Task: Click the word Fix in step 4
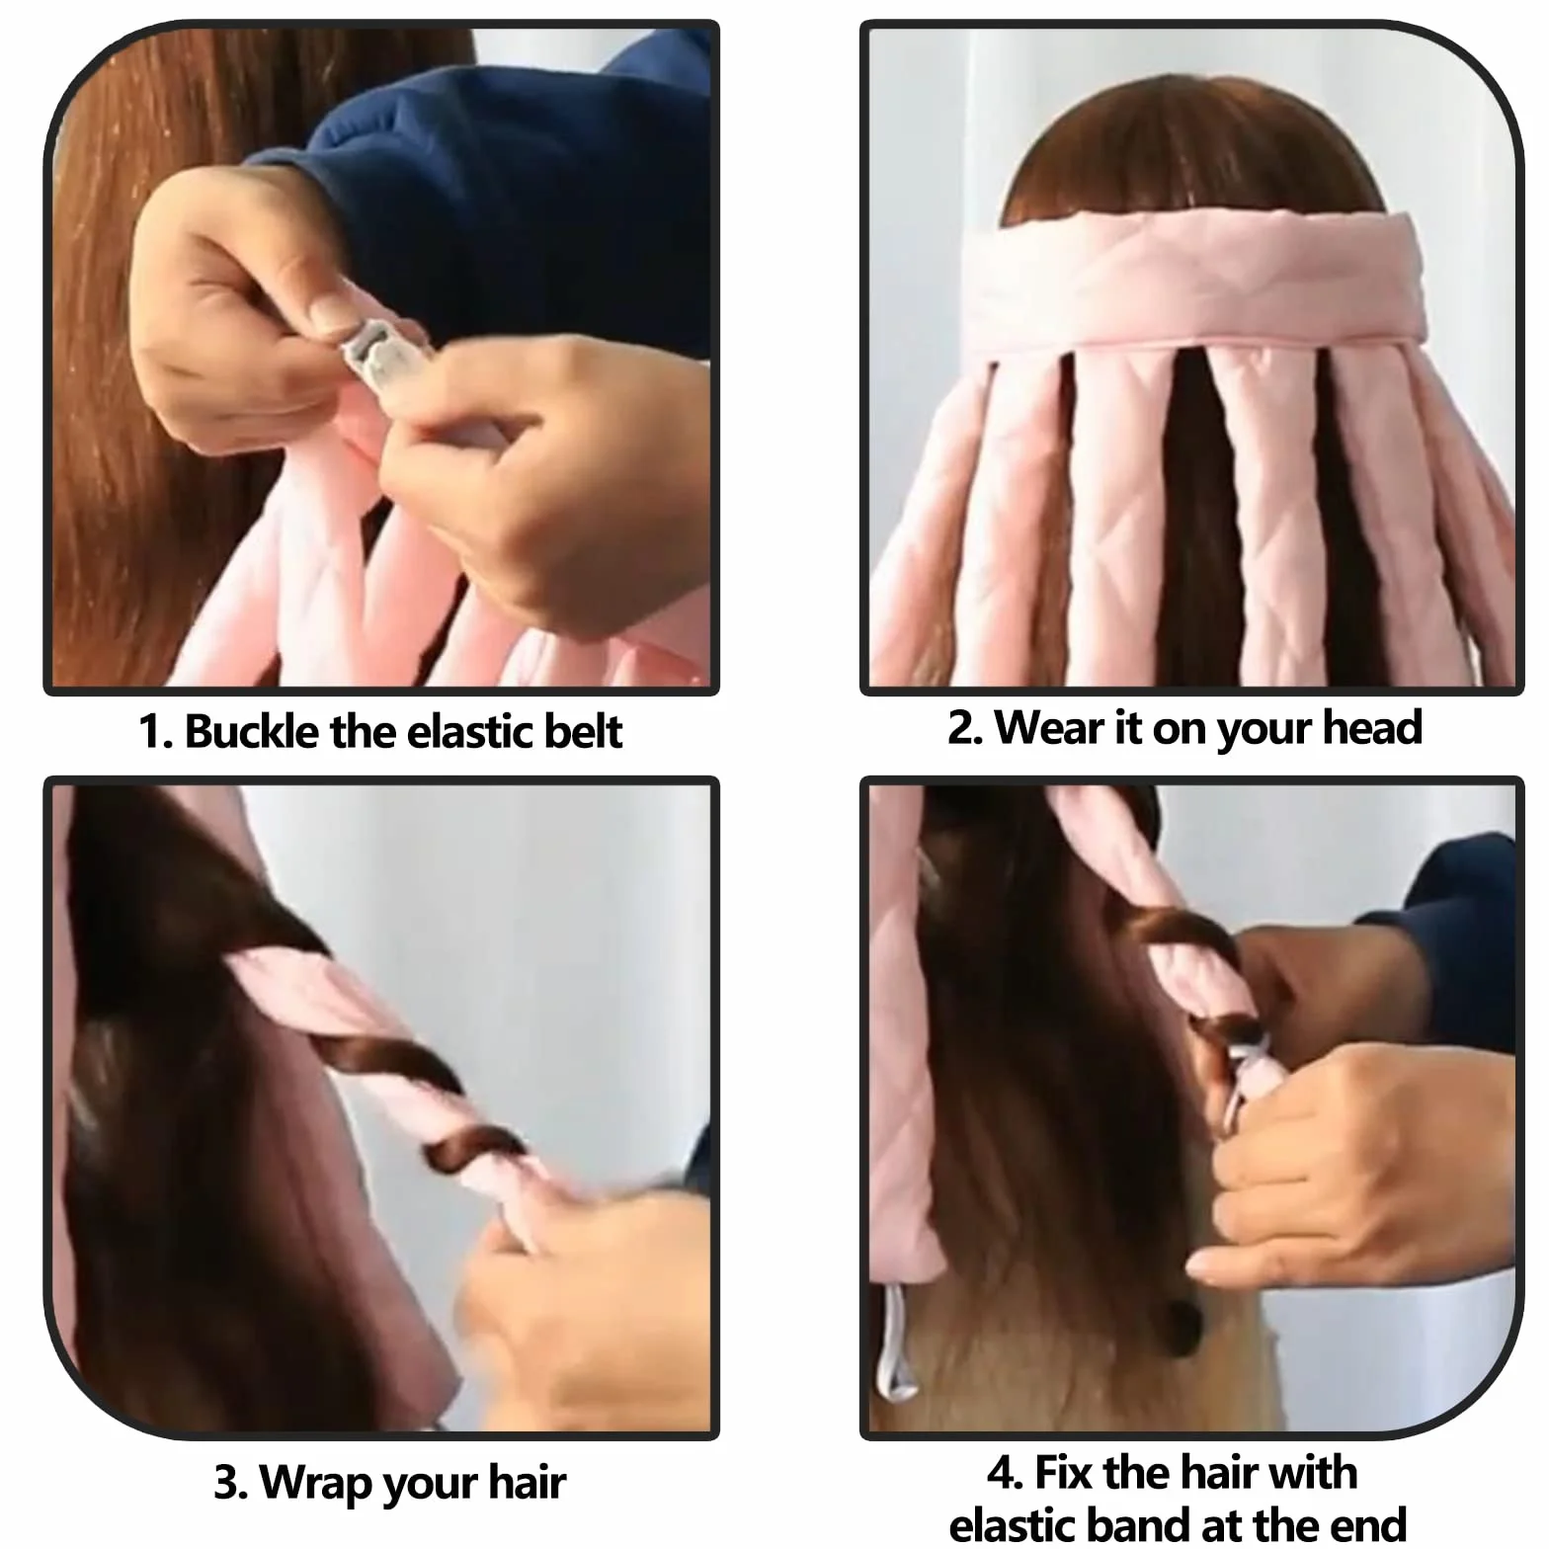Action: coord(1063,1473)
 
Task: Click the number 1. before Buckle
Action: coord(156,732)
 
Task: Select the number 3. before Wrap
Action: coord(230,1484)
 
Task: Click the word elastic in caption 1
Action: coord(468,732)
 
